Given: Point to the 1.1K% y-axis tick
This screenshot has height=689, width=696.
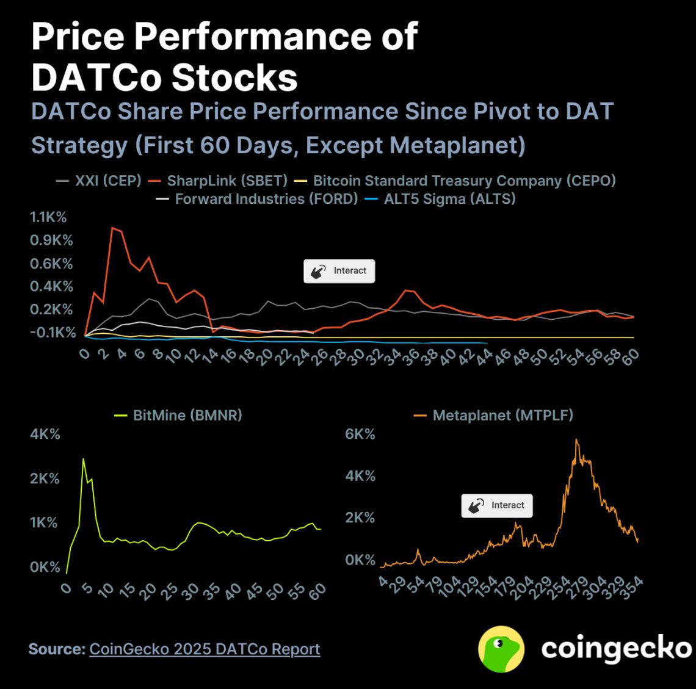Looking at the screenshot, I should point(48,217).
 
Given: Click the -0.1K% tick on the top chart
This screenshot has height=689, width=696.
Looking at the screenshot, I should point(53,333).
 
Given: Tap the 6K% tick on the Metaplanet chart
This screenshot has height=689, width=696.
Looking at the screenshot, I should point(360,435).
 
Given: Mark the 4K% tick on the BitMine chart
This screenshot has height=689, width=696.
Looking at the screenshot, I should point(45,435).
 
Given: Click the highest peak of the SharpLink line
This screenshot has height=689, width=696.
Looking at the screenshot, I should point(112,228).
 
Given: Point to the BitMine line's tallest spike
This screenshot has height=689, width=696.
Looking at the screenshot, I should point(84,459).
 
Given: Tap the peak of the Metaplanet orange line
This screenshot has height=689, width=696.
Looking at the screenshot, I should point(576,439).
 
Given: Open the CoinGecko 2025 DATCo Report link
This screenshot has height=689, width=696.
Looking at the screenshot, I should point(205,649).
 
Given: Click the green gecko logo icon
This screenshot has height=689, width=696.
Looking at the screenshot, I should point(501,649).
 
